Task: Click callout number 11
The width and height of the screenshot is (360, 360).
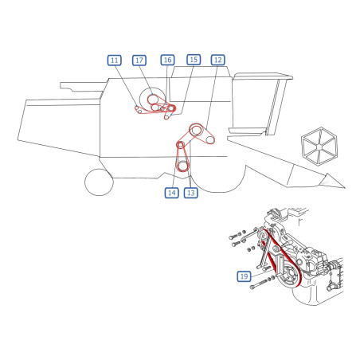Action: tap(115, 61)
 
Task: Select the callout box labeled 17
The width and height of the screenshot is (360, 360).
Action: tap(139, 61)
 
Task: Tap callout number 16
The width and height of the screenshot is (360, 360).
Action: tap(167, 60)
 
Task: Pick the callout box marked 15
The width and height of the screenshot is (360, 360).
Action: tap(194, 60)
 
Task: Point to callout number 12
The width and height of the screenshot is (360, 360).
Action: tap(218, 60)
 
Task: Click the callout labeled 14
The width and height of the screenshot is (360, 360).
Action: tap(172, 193)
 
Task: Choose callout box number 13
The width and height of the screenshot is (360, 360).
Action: tap(191, 193)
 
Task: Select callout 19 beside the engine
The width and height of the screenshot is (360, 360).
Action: tap(244, 276)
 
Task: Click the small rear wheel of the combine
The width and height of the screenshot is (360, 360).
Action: tap(99, 182)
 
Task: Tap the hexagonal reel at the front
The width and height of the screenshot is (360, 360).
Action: tap(319, 147)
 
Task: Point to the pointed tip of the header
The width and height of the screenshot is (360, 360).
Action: tap(345, 187)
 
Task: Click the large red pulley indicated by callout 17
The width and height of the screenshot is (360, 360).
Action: tap(153, 100)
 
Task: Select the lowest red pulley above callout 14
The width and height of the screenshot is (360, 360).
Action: tap(182, 166)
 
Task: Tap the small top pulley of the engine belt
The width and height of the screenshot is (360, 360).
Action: tap(263, 235)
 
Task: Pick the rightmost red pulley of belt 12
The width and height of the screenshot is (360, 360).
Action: tap(210, 140)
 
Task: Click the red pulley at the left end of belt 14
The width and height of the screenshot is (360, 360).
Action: tap(181, 145)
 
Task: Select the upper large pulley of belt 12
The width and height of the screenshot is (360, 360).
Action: tap(196, 130)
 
